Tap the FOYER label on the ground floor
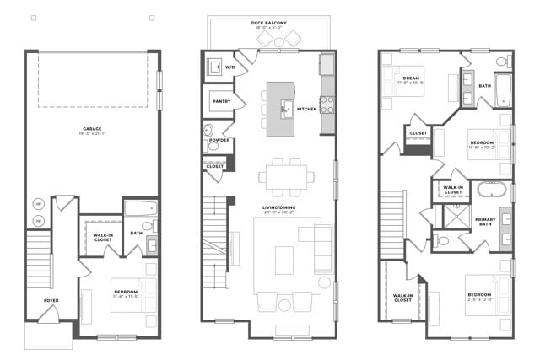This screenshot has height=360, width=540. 51,300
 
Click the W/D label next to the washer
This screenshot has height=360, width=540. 229,66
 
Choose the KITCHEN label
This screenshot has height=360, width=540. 306,109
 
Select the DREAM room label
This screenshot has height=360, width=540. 412,78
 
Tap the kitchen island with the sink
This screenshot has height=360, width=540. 281,109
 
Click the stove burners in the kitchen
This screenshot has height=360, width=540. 327,105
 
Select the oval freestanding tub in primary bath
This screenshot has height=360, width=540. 491,189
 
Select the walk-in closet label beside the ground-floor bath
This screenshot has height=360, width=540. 103,238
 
